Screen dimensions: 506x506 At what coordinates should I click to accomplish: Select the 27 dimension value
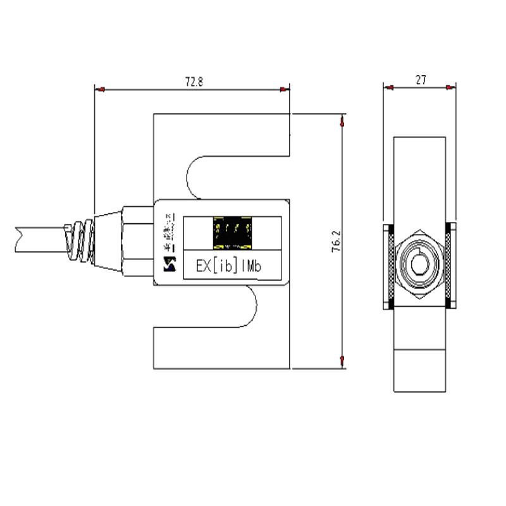pyautogui.click(x=421, y=80)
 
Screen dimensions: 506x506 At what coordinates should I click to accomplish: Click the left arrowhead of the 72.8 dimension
pyautogui.click(x=99, y=90)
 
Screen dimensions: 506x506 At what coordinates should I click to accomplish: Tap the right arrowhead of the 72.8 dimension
pyautogui.click(x=286, y=90)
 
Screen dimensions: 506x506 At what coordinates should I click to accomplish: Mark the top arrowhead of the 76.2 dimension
pyautogui.click(x=342, y=119)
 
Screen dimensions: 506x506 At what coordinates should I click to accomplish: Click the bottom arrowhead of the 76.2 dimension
pyautogui.click(x=342, y=362)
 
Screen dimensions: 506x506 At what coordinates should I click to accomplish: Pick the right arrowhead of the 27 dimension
pyautogui.click(x=450, y=87)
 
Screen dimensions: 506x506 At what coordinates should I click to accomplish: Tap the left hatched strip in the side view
pyautogui.click(x=390, y=266)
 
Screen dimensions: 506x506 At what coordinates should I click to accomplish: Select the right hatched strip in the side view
pyautogui.click(x=450, y=266)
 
